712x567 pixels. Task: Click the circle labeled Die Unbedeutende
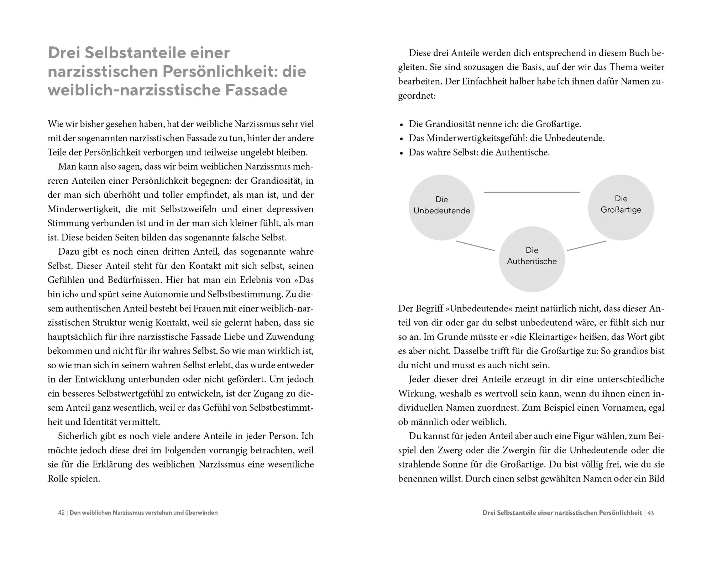pos(441,207)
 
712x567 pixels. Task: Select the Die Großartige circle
pos(621,207)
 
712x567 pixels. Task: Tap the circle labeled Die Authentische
pos(532,259)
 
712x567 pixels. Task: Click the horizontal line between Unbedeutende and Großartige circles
pos(532,192)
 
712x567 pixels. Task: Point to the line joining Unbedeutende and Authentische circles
pos(475,246)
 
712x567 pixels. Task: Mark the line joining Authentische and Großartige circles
pos(587,246)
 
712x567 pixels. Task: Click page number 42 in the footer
pos(61,513)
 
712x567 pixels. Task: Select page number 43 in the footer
pos(650,513)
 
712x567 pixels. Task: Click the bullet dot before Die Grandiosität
pos(402,125)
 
